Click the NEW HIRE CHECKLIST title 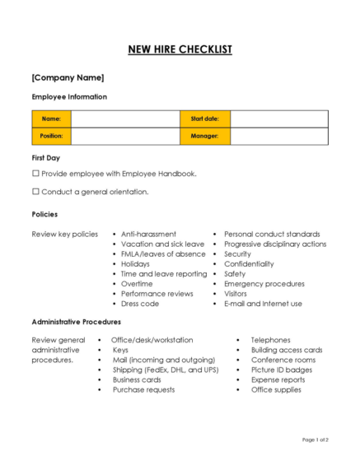[x=180, y=49]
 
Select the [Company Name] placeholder [x=68, y=77]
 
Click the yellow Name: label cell [x=52, y=119]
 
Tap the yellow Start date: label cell [x=204, y=119]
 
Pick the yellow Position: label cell [x=52, y=136]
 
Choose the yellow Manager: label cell [x=204, y=136]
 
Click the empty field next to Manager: [x=278, y=136]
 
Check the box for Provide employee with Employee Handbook [x=35, y=174]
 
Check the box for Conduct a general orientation [x=35, y=192]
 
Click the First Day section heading [x=45, y=156]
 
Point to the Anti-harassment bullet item [x=148, y=234]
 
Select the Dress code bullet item [x=140, y=303]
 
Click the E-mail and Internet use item [x=263, y=303]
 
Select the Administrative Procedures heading [x=76, y=322]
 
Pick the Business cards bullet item [x=137, y=379]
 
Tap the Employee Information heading [x=69, y=96]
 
